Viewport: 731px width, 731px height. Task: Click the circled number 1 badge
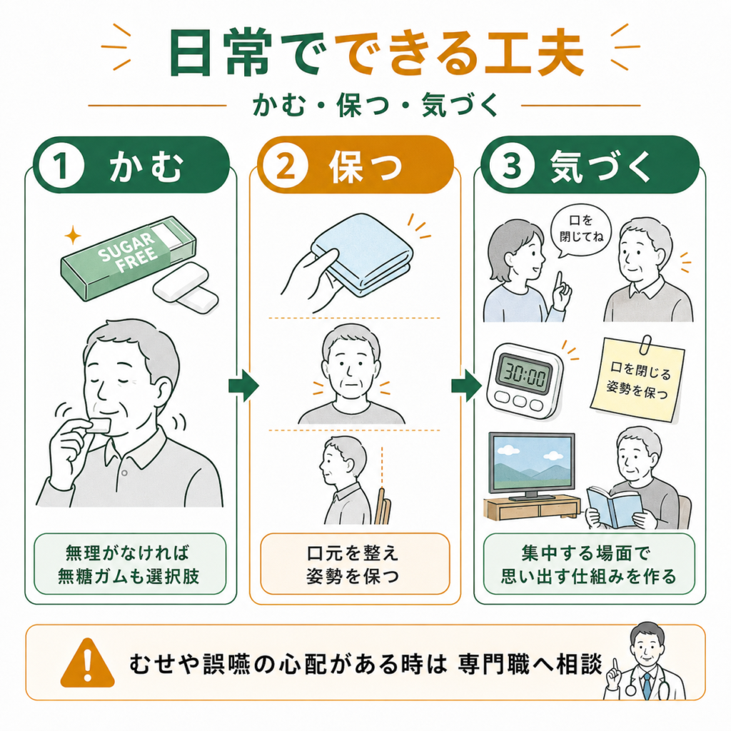[61, 166]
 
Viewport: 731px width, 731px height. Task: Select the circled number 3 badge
[511, 165]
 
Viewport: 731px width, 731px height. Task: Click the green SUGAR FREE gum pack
[128, 256]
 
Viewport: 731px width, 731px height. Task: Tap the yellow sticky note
[637, 380]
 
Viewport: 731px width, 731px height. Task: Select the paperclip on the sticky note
[645, 345]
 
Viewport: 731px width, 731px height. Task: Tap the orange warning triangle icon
[87, 663]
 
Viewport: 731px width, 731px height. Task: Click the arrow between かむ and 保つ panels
[243, 385]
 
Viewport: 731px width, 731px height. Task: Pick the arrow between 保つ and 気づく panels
[466, 385]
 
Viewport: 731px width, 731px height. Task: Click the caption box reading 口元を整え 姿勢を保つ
[355, 564]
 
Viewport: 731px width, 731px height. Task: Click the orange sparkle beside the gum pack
[73, 235]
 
